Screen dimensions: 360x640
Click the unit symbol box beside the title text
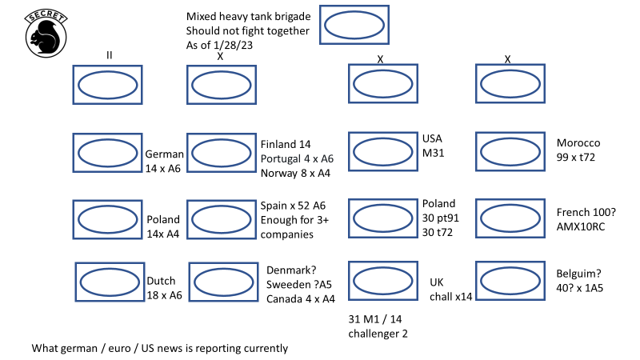click(x=354, y=25)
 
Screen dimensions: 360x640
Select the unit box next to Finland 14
click(x=220, y=153)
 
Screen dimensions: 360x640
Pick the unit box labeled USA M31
click(x=382, y=152)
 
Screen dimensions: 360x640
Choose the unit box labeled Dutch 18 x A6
click(x=109, y=281)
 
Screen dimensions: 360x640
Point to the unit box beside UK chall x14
click(x=382, y=281)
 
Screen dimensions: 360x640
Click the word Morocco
click(x=578, y=143)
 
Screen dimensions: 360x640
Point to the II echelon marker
click(x=109, y=54)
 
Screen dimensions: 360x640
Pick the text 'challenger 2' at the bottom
click(x=378, y=334)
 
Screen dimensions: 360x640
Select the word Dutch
click(x=162, y=281)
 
